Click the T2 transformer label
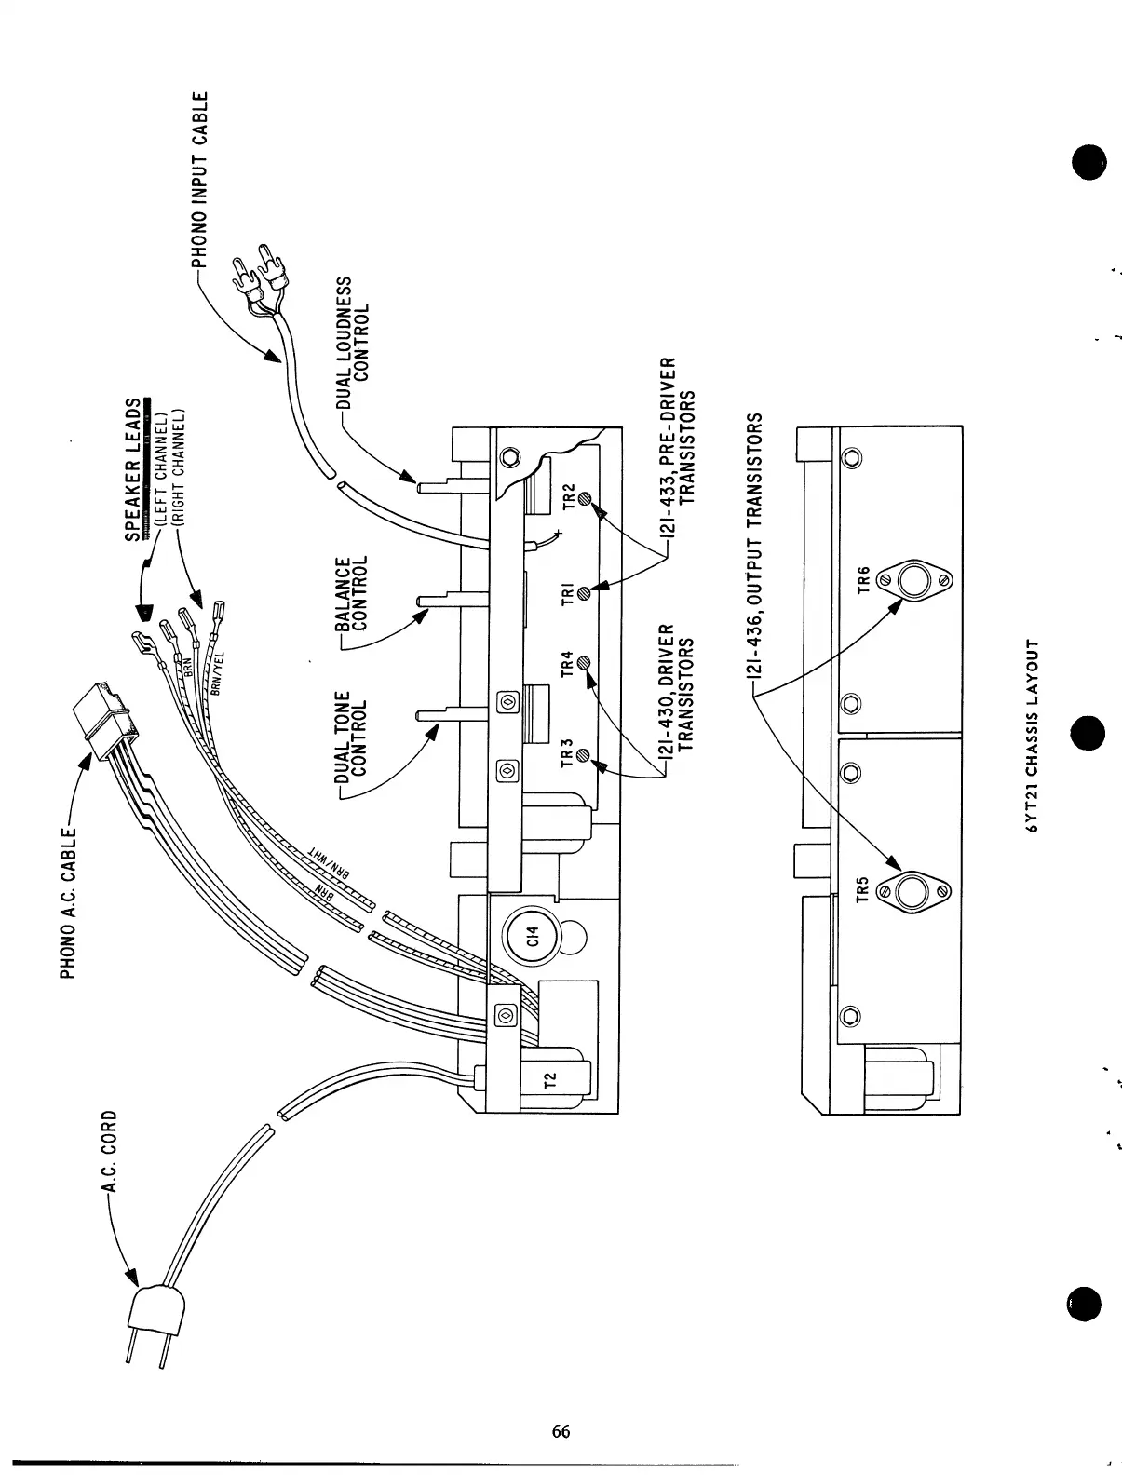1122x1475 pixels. tap(549, 1080)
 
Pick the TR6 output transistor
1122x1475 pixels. tap(913, 580)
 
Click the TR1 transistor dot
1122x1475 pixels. tap(585, 592)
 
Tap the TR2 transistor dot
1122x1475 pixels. tap(585, 498)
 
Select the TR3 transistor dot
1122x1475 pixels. tap(585, 756)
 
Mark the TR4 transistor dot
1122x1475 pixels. tap(585, 663)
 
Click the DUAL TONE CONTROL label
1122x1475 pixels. tap(351, 736)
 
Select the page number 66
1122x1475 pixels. tap(561, 1431)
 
